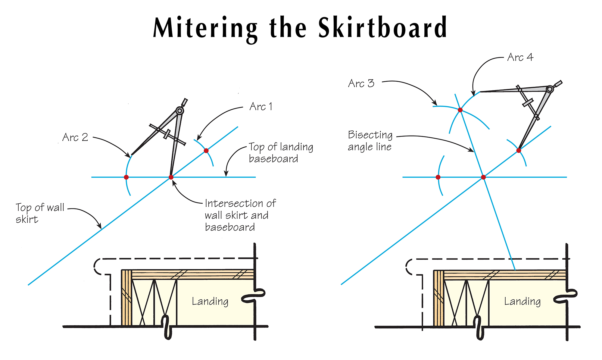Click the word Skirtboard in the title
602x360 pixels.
(382, 28)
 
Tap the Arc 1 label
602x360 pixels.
(261, 107)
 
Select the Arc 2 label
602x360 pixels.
(75, 137)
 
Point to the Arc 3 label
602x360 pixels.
(361, 83)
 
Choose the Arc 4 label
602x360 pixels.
(520, 57)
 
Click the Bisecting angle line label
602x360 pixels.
(370, 141)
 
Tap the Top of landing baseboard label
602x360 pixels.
(281, 153)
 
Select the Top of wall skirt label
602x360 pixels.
(40, 213)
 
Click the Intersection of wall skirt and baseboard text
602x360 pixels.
(240, 215)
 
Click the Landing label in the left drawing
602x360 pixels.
(210, 301)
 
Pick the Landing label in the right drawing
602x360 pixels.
(522, 301)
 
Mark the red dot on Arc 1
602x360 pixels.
(206, 151)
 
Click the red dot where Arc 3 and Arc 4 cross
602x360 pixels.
(460, 110)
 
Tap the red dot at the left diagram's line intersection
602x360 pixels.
(171, 177)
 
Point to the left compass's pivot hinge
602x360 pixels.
(180, 111)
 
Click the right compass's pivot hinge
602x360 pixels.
(550, 89)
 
